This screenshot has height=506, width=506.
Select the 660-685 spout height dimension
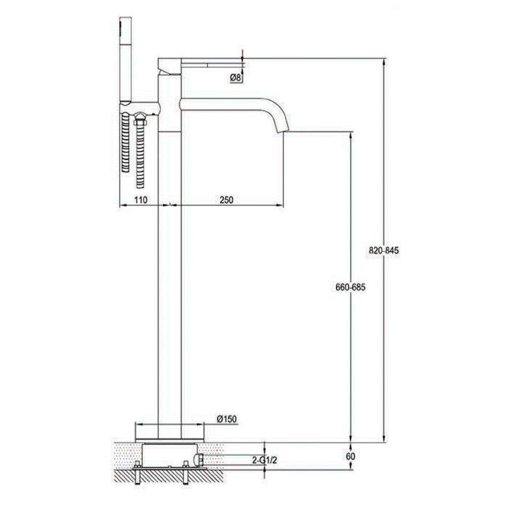point(350,287)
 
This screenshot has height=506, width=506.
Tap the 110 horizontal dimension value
point(141,200)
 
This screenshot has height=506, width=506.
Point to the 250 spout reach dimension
point(226,200)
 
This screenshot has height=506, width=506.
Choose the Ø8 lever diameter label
point(235,77)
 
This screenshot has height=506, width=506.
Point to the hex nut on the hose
point(140,120)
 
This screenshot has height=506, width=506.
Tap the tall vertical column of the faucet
point(170,278)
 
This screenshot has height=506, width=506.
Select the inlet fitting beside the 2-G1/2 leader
point(200,460)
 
